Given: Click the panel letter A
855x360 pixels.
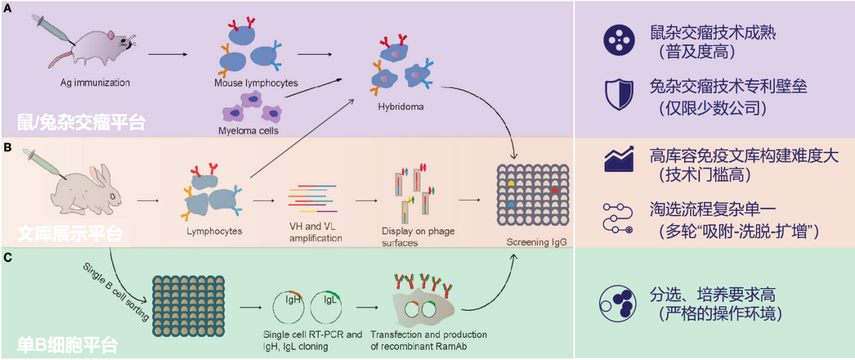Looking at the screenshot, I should [x=8, y=8].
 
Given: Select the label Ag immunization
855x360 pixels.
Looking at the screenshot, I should [x=95, y=83].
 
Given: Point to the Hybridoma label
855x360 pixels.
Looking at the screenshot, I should [x=401, y=106].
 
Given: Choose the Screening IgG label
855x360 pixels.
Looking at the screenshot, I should [x=536, y=242].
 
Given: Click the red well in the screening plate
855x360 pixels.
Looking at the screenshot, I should [x=555, y=190].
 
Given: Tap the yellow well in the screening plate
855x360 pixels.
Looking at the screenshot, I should [x=512, y=181].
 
